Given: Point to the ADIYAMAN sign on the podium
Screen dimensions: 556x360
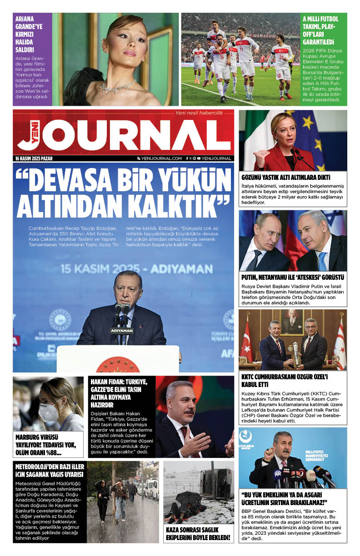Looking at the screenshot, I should click(121, 330).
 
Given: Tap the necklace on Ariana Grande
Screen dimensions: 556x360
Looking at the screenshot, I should click(117, 85).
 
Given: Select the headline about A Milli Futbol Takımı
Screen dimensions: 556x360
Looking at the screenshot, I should click(321, 30).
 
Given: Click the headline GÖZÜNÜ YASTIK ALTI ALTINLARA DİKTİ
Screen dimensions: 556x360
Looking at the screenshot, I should click(286, 177).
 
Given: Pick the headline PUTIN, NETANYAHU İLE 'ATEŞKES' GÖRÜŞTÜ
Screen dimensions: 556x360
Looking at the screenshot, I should click(292, 277).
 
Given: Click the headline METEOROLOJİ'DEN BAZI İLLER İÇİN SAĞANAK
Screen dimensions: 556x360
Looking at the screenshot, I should click(49, 471).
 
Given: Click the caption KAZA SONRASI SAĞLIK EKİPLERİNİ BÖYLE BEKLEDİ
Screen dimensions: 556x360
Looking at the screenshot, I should click(198, 534).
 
